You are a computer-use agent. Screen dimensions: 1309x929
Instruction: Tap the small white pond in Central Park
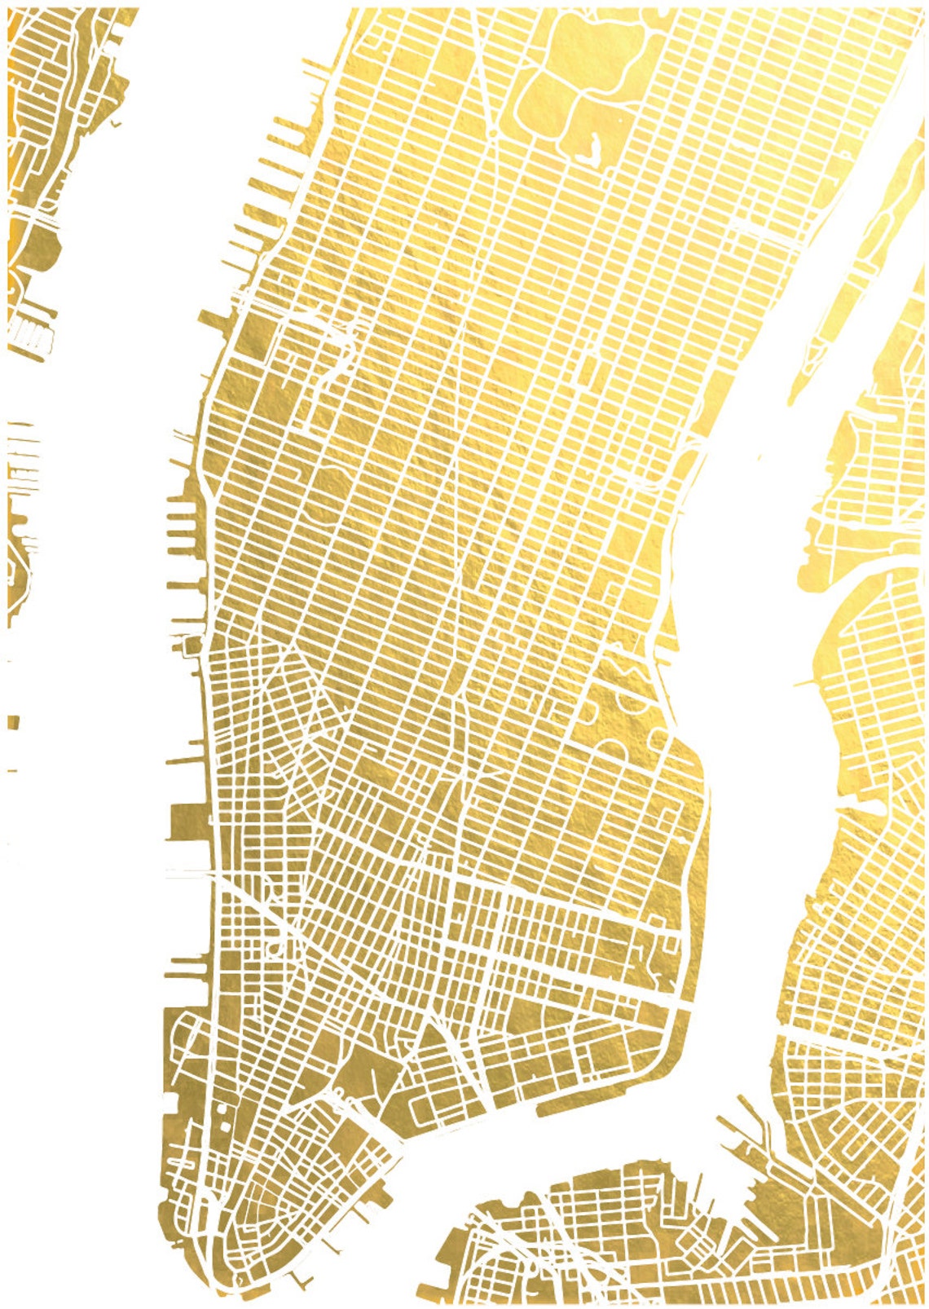coord(586,151)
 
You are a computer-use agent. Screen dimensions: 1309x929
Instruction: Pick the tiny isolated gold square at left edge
coord(13,722)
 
